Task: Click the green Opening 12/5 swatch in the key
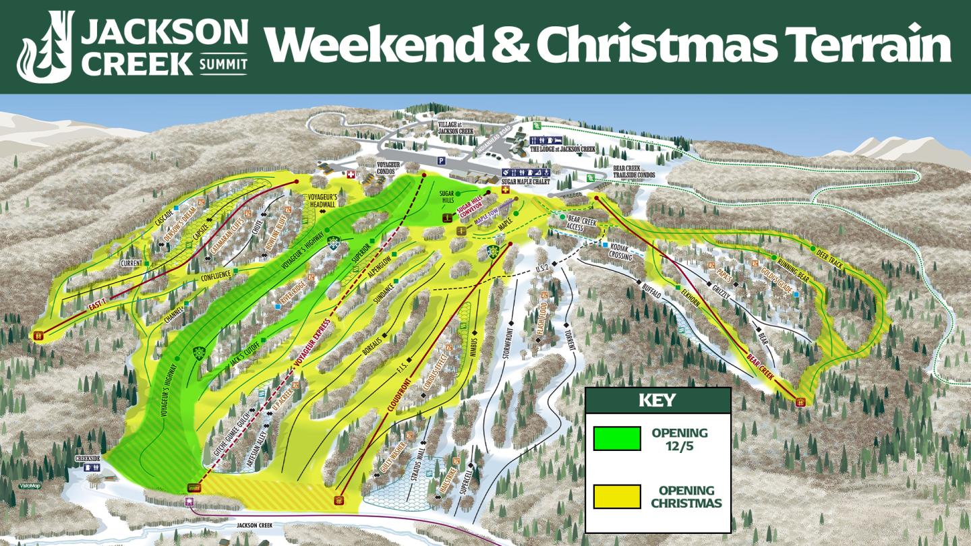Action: click(x=616, y=438)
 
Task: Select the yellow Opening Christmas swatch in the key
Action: click(x=616, y=497)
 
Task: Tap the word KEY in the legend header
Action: click(x=657, y=400)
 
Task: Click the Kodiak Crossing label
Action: click(x=620, y=252)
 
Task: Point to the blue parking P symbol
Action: click(x=441, y=161)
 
